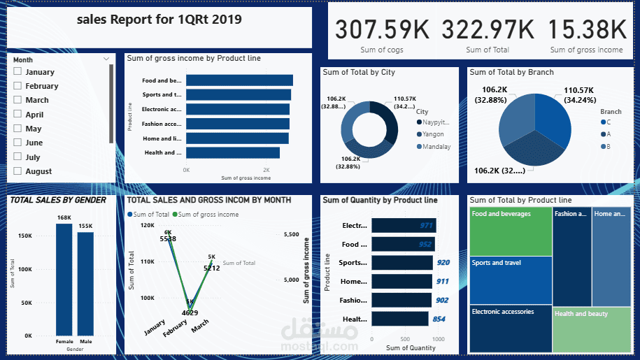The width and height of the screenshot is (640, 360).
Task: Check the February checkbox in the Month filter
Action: pos(17,86)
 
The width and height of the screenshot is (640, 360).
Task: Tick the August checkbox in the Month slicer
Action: pos(17,171)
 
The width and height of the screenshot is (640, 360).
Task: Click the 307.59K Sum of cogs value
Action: pos(381,30)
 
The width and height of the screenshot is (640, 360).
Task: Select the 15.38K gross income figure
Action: pos(586,30)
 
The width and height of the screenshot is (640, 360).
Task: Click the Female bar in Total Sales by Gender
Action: pos(64,280)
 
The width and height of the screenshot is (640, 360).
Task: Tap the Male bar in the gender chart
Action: pos(85,283)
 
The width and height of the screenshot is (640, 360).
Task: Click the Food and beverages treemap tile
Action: pos(511,231)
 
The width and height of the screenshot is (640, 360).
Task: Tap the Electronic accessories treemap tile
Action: pos(511,329)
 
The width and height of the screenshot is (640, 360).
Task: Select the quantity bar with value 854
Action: pos(399,319)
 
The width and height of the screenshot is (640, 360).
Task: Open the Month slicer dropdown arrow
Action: pos(106,59)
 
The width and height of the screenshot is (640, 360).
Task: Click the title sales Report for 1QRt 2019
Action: pos(159,20)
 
